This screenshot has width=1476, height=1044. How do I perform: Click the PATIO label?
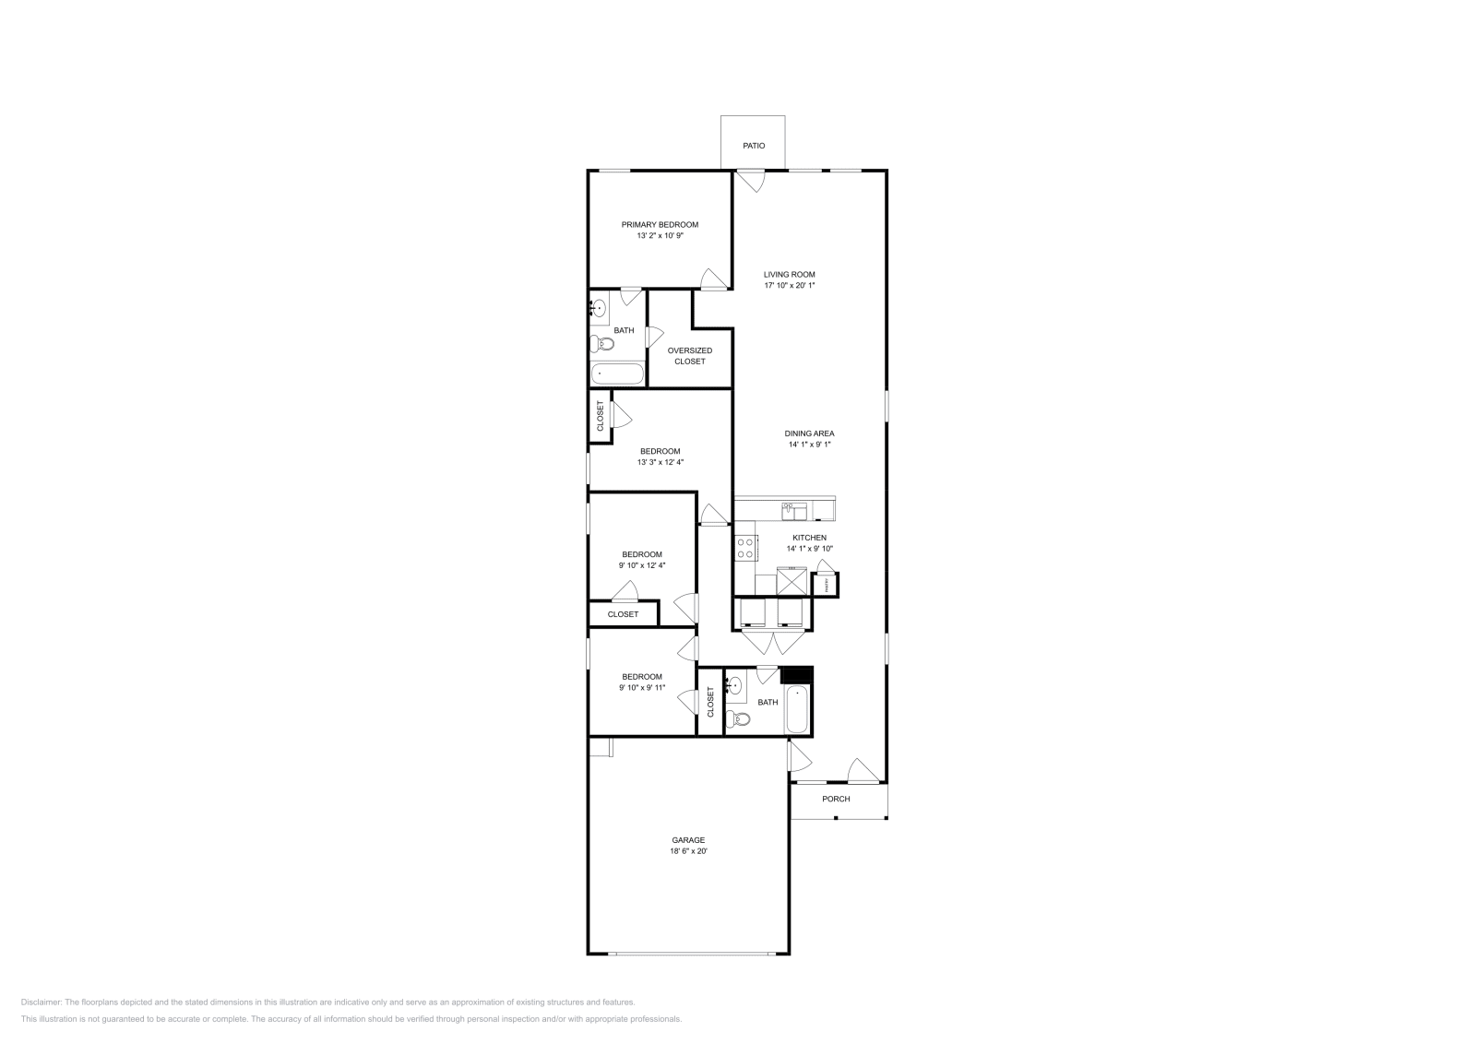(x=754, y=146)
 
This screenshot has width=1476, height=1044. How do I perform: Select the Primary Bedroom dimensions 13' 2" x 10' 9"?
(x=660, y=236)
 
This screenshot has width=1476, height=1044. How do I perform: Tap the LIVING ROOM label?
(x=789, y=274)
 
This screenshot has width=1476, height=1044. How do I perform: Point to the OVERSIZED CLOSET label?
(x=689, y=356)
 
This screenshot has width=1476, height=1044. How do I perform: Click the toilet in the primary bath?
(x=603, y=345)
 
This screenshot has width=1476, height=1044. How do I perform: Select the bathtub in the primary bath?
(x=617, y=374)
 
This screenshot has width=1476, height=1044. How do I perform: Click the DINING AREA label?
(x=809, y=433)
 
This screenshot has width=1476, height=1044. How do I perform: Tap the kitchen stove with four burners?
(x=745, y=549)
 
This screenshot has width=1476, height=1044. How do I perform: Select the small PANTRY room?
(x=826, y=585)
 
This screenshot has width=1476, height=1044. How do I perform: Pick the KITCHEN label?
(x=809, y=538)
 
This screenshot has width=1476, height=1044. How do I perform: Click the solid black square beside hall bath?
(x=796, y=675)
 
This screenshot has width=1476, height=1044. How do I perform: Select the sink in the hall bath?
(x=734, y=686)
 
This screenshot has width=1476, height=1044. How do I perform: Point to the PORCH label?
(x=836, y=799)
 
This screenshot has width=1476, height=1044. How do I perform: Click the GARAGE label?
(x=688, y=840)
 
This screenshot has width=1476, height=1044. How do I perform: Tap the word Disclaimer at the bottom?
(x=41, y=1002)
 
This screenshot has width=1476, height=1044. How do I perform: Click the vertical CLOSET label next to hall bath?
(x=710, y=702)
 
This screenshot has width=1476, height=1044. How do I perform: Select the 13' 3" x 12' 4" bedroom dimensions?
(x=660, y=462)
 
